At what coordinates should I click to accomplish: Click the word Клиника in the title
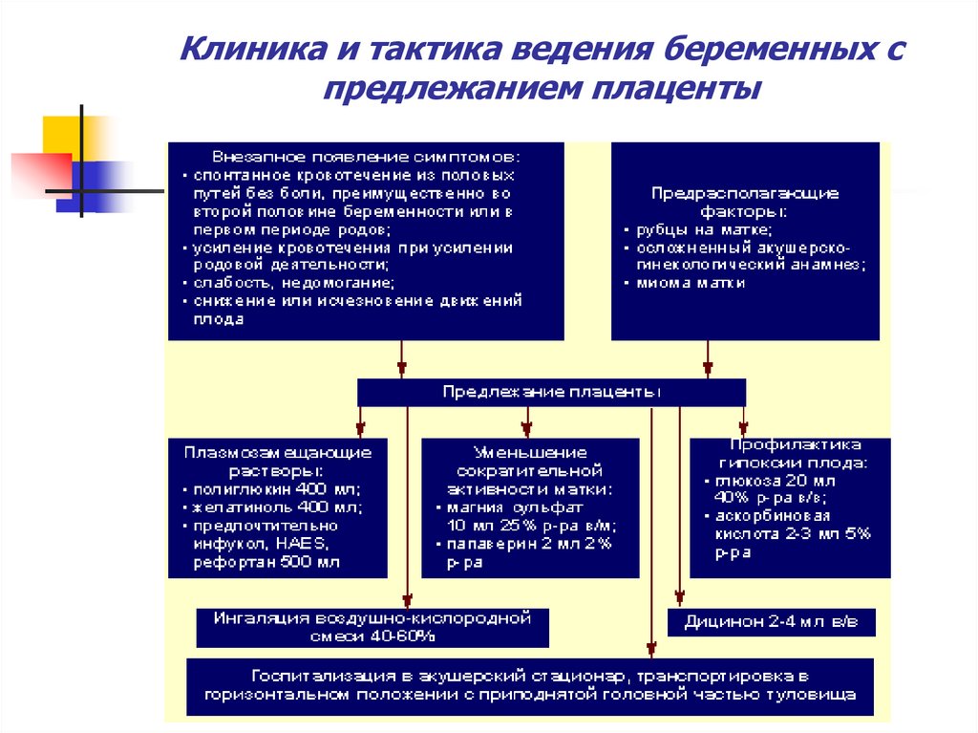tap(240, 47)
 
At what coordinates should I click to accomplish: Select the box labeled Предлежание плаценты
tap(551, 393)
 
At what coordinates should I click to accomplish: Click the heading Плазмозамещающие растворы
tap(278, 461)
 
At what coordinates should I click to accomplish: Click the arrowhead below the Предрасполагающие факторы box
tap(708, 369)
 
